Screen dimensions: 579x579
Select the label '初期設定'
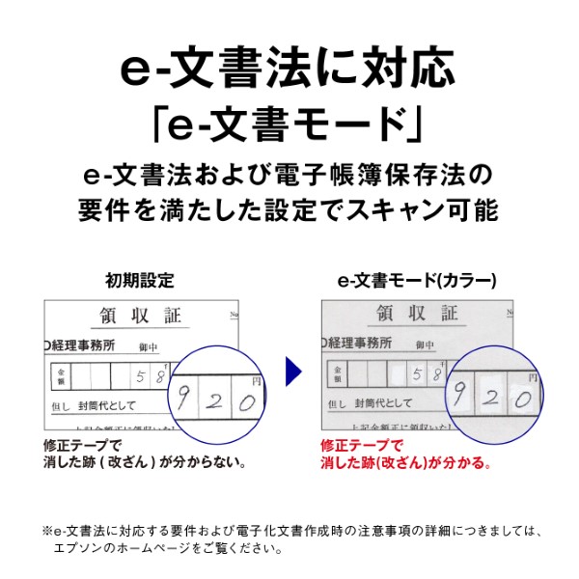click(x=140, y=281)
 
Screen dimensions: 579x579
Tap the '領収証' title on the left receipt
click(x=140, y=316)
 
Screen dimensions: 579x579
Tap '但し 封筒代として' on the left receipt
click(x=96, y=405)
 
